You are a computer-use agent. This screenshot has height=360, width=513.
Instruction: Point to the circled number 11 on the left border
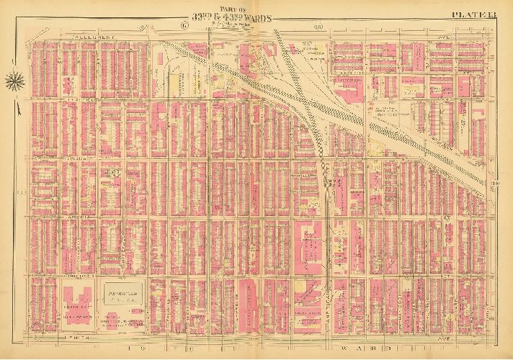pos(22,192)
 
